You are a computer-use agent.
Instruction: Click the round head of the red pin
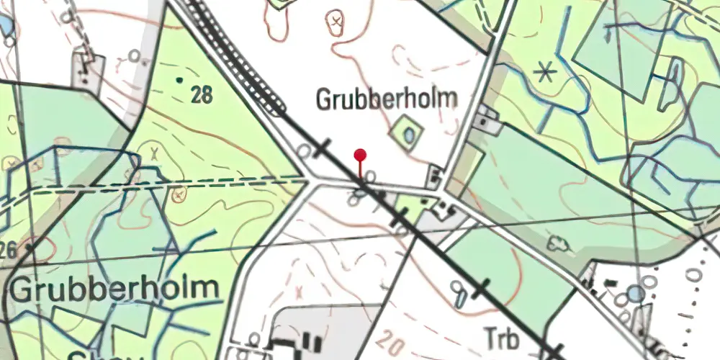[x=360, y=154]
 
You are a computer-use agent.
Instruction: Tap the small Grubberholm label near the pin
[x=387, y=99]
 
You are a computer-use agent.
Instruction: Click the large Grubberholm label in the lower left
[x=114, y=289]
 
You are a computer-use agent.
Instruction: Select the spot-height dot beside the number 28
[x=179, y=79]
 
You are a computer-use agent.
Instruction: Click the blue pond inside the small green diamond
[x=409, y=135]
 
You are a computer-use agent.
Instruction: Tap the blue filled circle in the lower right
[x=635, y=293]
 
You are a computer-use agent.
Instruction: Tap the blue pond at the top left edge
[x=6, y=26]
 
